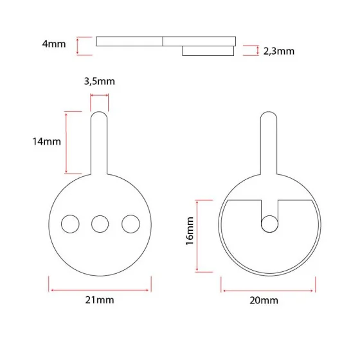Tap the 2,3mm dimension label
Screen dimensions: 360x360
pyautogui.click(x=278, y=51)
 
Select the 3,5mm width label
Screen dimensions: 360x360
pyautogui.click(x=100, y=81)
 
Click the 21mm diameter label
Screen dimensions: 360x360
pyautogui.click(x=100, y=300)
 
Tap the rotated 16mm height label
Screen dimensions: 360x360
pyautogui.click(x=190, y=235)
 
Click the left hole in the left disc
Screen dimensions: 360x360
pyautogui.click(x=69, y=224)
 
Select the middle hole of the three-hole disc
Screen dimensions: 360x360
pyautogui.click(x=100, y=224)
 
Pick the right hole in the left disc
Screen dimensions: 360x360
pyautogui.click(x=130, y=224)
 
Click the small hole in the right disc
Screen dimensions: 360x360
pyautogui.click(x=269, y=224)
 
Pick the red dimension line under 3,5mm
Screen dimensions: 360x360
pyautogui.click(x=100, y=96)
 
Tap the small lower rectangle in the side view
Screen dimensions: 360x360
pyautogui.click(x=208, y=51)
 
